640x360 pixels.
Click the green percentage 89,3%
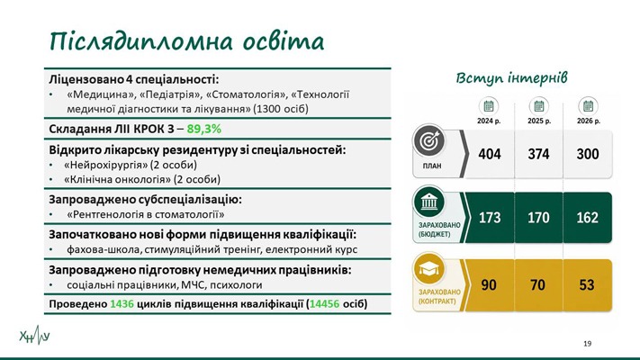(x=204, y=129)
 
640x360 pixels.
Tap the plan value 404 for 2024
(x=490, y=154)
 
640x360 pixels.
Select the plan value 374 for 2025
(x=538, y=154)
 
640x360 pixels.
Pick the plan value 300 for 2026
(x=588, y=154)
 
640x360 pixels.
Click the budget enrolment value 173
(x=490, y=218)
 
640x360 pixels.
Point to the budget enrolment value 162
(x=588, y=218)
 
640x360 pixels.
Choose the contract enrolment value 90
(x=489, y=285)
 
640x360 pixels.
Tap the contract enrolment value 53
(x=587, y=285)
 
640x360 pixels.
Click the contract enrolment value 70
(x=537, y=285)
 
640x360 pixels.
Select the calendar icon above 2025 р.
(x=539, y=106)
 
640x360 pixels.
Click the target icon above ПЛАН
(x=428, y=141)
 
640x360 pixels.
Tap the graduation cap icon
(x=428, y=268)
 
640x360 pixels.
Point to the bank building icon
(x=428, y=202)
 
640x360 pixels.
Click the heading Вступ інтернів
(x=511, y=78)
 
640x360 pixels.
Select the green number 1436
(x=122, y=304)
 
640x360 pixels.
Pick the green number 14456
(x=324, y=304)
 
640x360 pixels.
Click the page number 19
(x=588, y=344)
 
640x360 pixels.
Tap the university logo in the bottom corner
(x=35, y=336)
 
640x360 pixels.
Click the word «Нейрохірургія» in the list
(x=105, y=165)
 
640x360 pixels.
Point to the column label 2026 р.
(x=588, y=121)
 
